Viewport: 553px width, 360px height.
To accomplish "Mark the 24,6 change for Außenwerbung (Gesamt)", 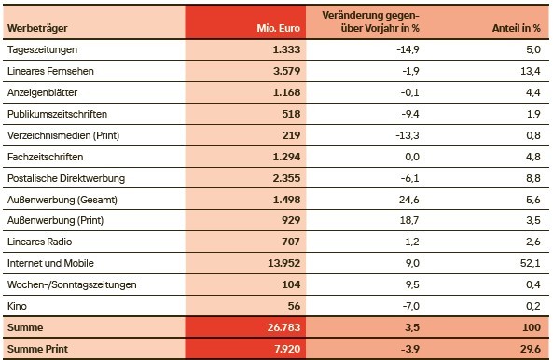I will click(x=407, y=200).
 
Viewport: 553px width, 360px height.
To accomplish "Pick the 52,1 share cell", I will click(x=531, y=264).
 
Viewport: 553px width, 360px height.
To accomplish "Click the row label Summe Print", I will click(x=37, y=350).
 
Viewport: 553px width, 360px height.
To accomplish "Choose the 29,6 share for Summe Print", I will click(x=529, y=350).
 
